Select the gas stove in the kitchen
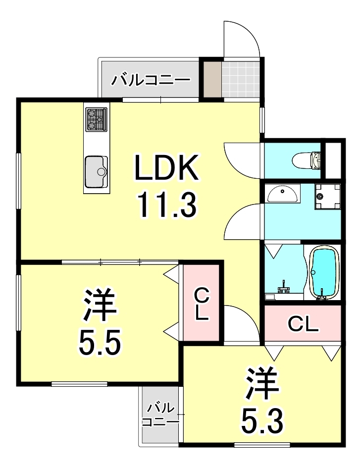point(96,119)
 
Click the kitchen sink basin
point(96,171)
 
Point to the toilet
point(307,160)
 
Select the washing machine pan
point(328,196)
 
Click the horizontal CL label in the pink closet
point(303,325)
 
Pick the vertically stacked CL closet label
point(201,304)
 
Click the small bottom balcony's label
point(160,415)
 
